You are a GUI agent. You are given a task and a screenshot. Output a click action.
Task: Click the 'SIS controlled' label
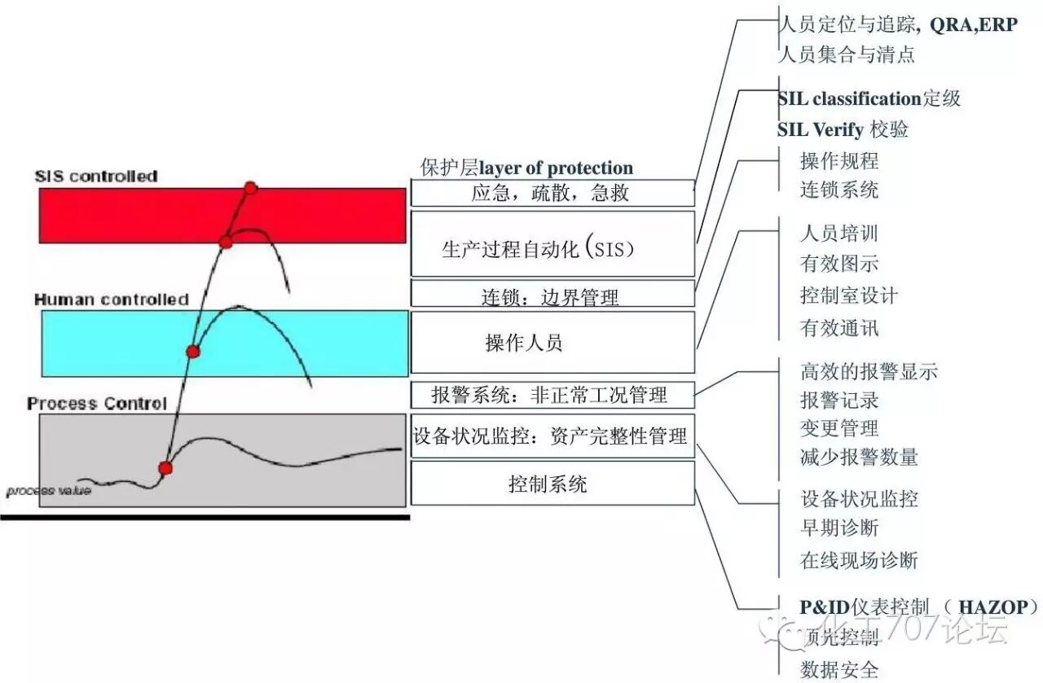tap(96, 176)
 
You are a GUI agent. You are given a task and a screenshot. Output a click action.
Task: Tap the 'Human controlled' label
tap(111, 300)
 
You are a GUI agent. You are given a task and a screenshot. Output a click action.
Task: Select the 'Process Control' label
tap(96, 404)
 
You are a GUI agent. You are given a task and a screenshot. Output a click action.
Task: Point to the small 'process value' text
tap(49, 491)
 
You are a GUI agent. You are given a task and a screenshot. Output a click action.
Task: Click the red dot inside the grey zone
tap(165, 468)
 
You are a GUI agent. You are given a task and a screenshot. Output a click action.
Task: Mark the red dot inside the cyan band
tap(193, 352)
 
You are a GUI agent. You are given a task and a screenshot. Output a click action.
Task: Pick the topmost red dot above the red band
tap(250, 188)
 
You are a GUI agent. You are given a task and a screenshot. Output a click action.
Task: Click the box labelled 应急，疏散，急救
tap(552, 193)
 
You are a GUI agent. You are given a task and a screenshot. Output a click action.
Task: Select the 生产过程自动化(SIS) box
tap(552, 248)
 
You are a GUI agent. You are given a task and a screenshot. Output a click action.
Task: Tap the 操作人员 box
tap(552, 343)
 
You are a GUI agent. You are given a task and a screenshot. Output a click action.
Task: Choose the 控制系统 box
tap(552, 485)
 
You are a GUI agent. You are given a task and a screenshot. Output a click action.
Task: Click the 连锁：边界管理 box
tap(552, 296)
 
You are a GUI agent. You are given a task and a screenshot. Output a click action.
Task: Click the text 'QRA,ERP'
tap(973, 25)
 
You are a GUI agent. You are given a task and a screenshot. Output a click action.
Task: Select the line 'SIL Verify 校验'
tap(843, 129)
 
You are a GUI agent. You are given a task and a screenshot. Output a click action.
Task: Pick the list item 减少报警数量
tap(859, 457)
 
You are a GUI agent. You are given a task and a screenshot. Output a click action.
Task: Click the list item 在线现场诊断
tap(859, 560)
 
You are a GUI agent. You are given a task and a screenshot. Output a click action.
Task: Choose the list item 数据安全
tap(839, 669)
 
